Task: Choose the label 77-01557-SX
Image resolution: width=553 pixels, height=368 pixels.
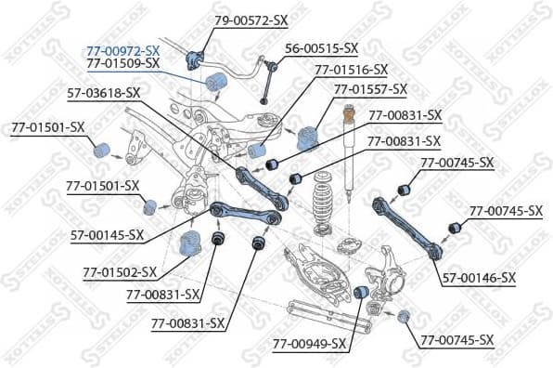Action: click(370, 89)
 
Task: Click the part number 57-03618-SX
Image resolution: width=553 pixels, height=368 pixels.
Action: click(104, 92)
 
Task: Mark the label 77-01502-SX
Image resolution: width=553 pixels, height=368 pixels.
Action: click(120, 273)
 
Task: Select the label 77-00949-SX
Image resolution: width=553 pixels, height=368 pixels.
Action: click(309, 344)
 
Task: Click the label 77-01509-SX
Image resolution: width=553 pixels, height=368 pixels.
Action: click(122, 62)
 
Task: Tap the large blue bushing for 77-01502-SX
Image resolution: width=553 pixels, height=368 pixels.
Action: click(190, 247)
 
